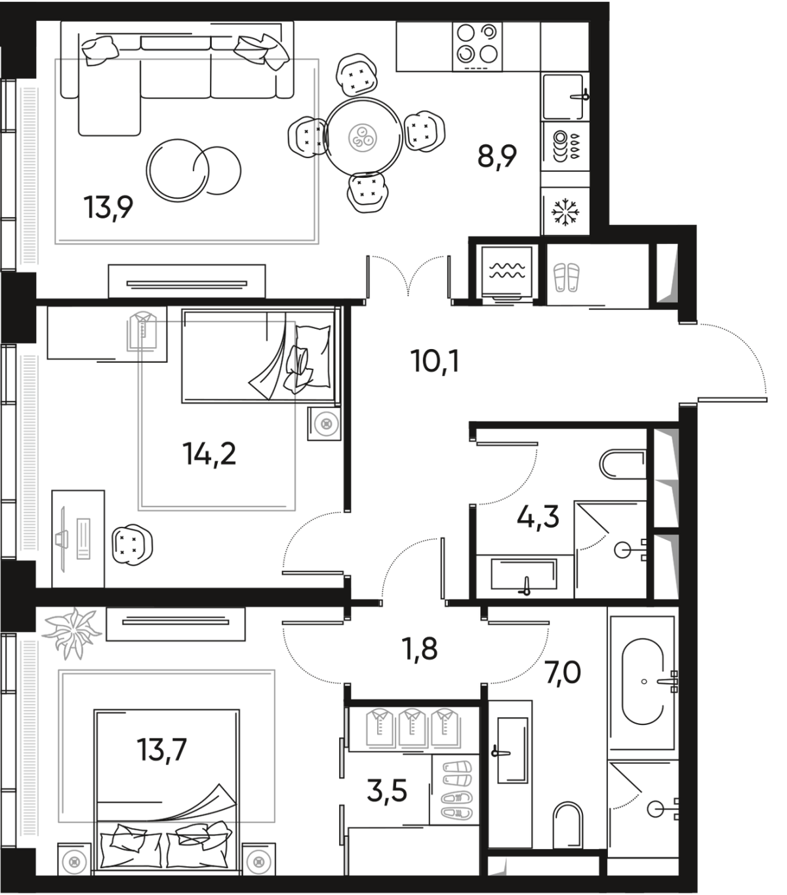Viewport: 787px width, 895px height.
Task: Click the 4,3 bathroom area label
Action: pos(538,520)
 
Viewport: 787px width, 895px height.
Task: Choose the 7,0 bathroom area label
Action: pos(563,673)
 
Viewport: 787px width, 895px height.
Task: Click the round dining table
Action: pos(364,136)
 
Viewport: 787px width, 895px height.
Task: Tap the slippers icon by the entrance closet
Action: pos(565,276)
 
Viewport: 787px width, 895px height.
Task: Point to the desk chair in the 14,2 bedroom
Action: pos(133,545)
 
